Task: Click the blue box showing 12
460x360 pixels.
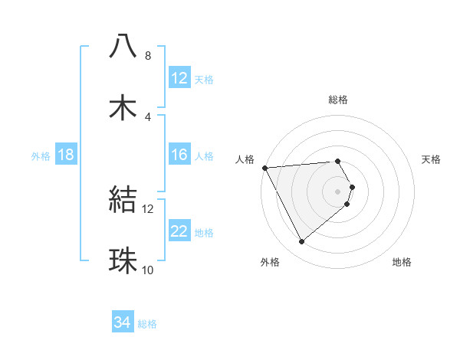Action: click(179, 78)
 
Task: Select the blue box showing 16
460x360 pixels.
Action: click(179, 155)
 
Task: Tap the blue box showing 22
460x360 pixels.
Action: click(179, 231)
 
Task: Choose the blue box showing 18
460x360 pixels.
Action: click(66, 155)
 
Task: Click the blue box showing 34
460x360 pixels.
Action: click(123, 322)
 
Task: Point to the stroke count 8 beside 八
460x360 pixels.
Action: click(148, 56)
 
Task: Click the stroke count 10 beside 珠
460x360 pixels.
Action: click(148, 270)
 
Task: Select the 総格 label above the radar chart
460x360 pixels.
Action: click(338, 100)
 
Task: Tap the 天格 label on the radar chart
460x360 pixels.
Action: click(431, 159)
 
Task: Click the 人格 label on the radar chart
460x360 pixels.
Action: click(244, 159)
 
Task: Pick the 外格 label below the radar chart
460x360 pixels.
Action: click(270, 262)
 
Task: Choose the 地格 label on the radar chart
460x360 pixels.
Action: click(402, 262)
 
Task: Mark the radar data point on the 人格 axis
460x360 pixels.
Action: click(264, 167)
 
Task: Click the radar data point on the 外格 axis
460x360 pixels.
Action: click(302, 242)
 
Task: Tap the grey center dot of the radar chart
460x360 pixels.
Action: click(338, 191)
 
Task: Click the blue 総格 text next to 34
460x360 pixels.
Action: click(147, 324)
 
